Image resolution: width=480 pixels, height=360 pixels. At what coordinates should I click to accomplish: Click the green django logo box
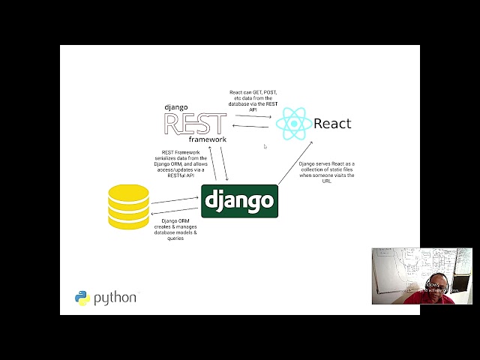click(x=239, y=201)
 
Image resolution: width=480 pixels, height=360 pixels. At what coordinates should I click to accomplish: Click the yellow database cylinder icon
click(x=128, y=205)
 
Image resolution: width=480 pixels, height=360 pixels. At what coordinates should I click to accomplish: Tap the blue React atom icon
click(x=293, y=124)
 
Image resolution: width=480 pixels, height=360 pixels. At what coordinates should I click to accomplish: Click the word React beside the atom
click(x=332, y=124)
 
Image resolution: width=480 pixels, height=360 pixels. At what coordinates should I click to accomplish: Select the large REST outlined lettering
click(x=195, y=124)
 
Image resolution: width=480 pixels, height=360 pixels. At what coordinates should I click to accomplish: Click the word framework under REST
click(x=207, y=140)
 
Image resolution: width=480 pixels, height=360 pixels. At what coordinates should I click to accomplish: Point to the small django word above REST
click(x=176, y=107)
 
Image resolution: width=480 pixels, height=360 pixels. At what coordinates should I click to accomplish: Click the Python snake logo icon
click(x=82, y=298)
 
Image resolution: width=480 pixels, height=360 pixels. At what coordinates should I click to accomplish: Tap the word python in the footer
click(x=115, y=298)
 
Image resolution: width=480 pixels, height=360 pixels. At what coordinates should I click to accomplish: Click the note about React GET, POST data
click(x=253, y=100)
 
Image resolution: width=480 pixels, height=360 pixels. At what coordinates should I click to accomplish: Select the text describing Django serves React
click(x=326, y=172)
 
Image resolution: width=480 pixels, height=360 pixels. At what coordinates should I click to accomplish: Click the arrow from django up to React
click(x=294, y=162)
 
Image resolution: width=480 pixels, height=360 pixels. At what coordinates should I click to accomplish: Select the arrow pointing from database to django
click(x=174, y=199)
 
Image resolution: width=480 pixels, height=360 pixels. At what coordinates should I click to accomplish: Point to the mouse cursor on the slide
click(x=265, y=147)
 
